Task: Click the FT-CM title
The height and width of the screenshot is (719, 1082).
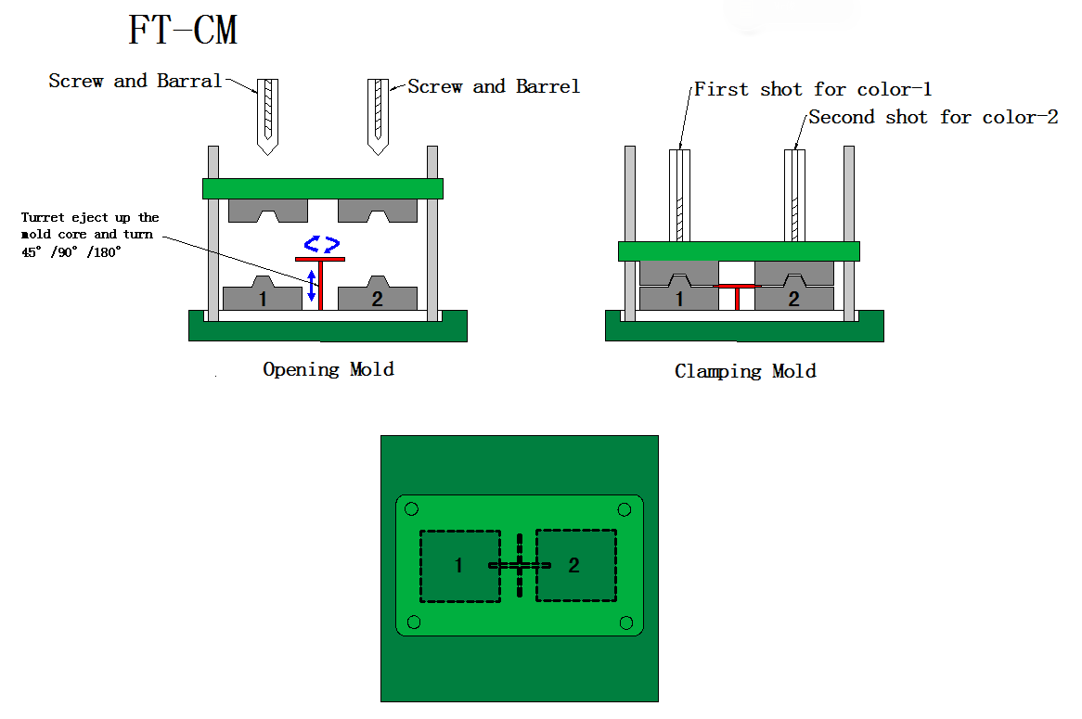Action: (x=183, y=31)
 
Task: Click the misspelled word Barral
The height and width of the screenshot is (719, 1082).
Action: (x=189, y=81)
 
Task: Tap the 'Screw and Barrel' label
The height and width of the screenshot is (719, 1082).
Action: (x=494, y=86)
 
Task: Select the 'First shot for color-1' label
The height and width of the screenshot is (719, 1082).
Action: (x=813, y=89)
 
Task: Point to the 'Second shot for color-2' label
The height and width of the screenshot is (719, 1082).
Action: (x=933, y=117)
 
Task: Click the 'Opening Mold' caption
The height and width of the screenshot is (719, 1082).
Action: (x=328, y=369)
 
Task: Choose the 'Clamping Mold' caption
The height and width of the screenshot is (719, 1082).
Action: (x=745, y=371)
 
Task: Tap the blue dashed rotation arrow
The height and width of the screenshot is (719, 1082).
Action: (x=321, y=245)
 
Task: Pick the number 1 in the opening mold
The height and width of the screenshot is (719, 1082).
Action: (x=263, y=299)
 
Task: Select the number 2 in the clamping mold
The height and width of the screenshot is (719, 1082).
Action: (x=793, y=299)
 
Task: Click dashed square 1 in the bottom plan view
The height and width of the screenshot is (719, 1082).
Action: (x=459, y=565)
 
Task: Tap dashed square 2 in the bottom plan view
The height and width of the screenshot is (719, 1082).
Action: (x=574, y=565)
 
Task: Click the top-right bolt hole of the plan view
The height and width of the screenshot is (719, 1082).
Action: (x=625, y=509)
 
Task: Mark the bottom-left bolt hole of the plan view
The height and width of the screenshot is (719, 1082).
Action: (x=414, y=622)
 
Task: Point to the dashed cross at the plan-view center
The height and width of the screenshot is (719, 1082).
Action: (x=520, y=565)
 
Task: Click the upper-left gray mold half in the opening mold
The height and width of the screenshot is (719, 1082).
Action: (x=268, y=211)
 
